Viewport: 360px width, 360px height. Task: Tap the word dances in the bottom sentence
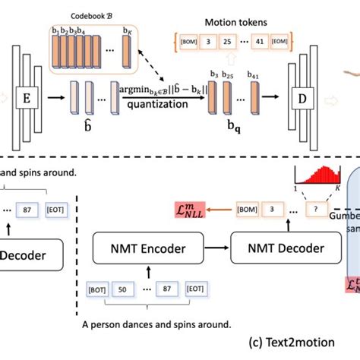pos(141,324)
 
